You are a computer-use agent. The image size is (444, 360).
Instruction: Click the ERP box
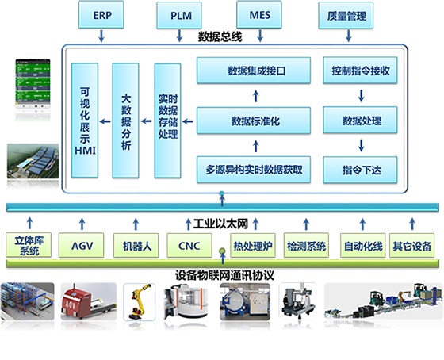coord(101,15)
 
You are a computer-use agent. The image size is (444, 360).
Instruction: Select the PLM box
coord(179,15)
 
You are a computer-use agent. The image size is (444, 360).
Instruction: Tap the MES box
coord(259,15)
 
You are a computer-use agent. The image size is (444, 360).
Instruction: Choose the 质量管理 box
coord(346,16)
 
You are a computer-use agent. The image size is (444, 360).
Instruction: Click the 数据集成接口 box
coord(254,71)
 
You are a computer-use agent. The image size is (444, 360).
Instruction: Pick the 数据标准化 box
coord(254,121)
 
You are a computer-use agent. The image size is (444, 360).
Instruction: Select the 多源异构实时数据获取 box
coord(254,170)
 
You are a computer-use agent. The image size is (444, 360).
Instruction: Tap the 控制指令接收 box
coord(360,71)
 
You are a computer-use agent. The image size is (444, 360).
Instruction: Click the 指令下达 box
coord(360,170)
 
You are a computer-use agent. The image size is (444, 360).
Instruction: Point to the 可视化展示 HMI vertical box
coord(85,121)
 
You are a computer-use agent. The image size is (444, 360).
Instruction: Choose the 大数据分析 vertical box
coord(125,121)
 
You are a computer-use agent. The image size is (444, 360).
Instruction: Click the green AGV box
coord(81,245)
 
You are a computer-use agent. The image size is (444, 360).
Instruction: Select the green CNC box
coord(189,245)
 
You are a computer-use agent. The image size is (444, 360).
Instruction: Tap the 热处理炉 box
coord(253,245)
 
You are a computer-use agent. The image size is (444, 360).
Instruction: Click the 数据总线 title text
coord(220,37)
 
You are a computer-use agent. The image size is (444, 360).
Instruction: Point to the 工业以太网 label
coord(220,224)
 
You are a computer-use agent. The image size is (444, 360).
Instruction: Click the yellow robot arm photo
coord(139,302)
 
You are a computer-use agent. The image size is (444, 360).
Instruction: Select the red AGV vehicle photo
coord(89,301)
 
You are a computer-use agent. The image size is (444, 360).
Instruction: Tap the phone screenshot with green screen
coord(33,84)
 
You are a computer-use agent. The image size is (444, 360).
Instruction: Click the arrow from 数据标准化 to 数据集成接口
coord(255,96)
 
